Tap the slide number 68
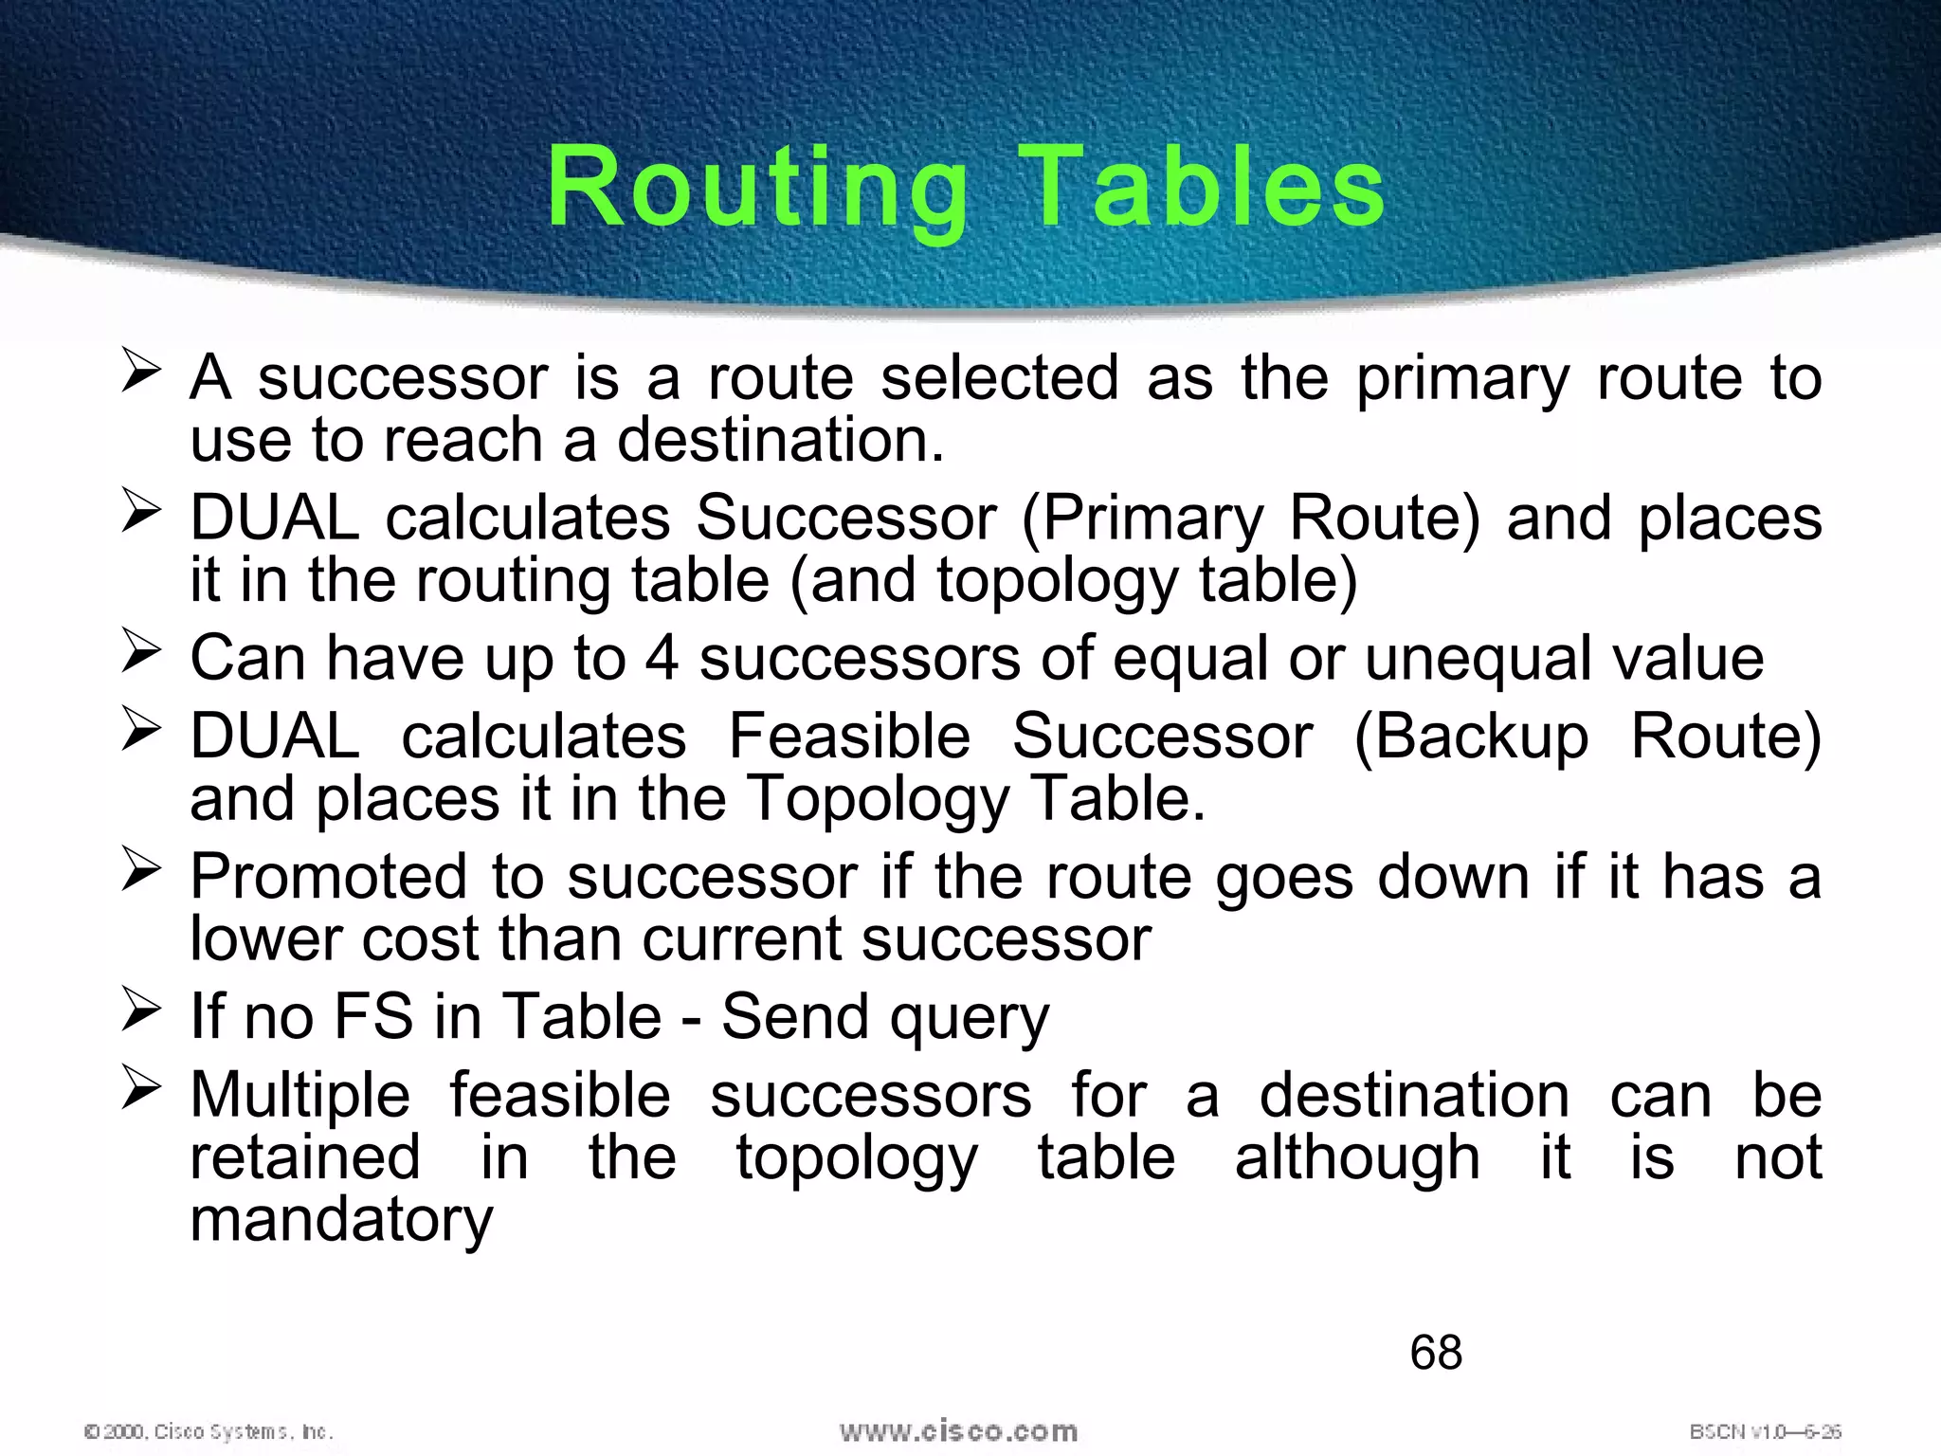click(1436, 1352)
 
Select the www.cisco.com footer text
click(958, 1430)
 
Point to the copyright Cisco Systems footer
click(209, 1431)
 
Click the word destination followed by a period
click(781, 440)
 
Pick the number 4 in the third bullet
click(662, 658)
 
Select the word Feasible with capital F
click(849, 737)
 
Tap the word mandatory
click(341, 1221)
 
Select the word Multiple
click(300, 1096)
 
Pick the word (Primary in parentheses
click(1142, 519)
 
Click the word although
click(1357, 1158)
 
